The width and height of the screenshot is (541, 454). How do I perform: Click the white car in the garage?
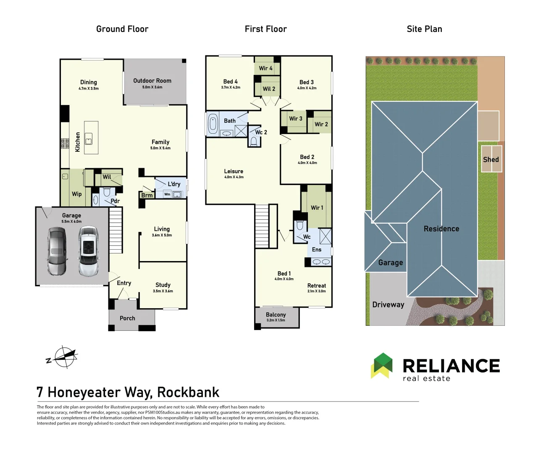coord(89,251)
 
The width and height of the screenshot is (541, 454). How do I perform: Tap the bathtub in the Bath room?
coord(213,124)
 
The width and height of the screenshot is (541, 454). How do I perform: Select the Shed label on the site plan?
coord(491,159)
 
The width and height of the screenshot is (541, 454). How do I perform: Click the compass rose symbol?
coord(64,357)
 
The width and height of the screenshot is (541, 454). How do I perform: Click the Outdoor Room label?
coord(152,81)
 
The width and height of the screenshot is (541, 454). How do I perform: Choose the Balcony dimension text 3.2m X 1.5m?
coord(276,320)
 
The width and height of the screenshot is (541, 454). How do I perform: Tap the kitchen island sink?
coord(89,139)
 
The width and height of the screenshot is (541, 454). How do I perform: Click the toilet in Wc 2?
coord(254,142)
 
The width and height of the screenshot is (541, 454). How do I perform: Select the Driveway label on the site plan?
coord(388,305)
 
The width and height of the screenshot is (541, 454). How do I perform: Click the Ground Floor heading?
coord(122,29)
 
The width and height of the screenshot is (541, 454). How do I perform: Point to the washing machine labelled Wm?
coord(167,194)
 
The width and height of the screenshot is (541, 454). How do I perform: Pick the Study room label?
coord(163,285)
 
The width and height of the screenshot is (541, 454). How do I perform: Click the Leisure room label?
coord(234,172)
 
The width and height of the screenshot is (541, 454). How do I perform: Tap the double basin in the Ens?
coord(321,262)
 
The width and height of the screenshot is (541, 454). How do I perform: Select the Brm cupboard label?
coord(147,195)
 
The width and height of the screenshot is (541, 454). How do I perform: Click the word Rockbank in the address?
coord(188,392)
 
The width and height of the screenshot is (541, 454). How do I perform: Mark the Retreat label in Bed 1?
coord(317,285)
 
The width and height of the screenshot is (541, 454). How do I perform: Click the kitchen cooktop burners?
coord(65,143)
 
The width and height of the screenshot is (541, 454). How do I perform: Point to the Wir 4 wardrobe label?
coord(265,68)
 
